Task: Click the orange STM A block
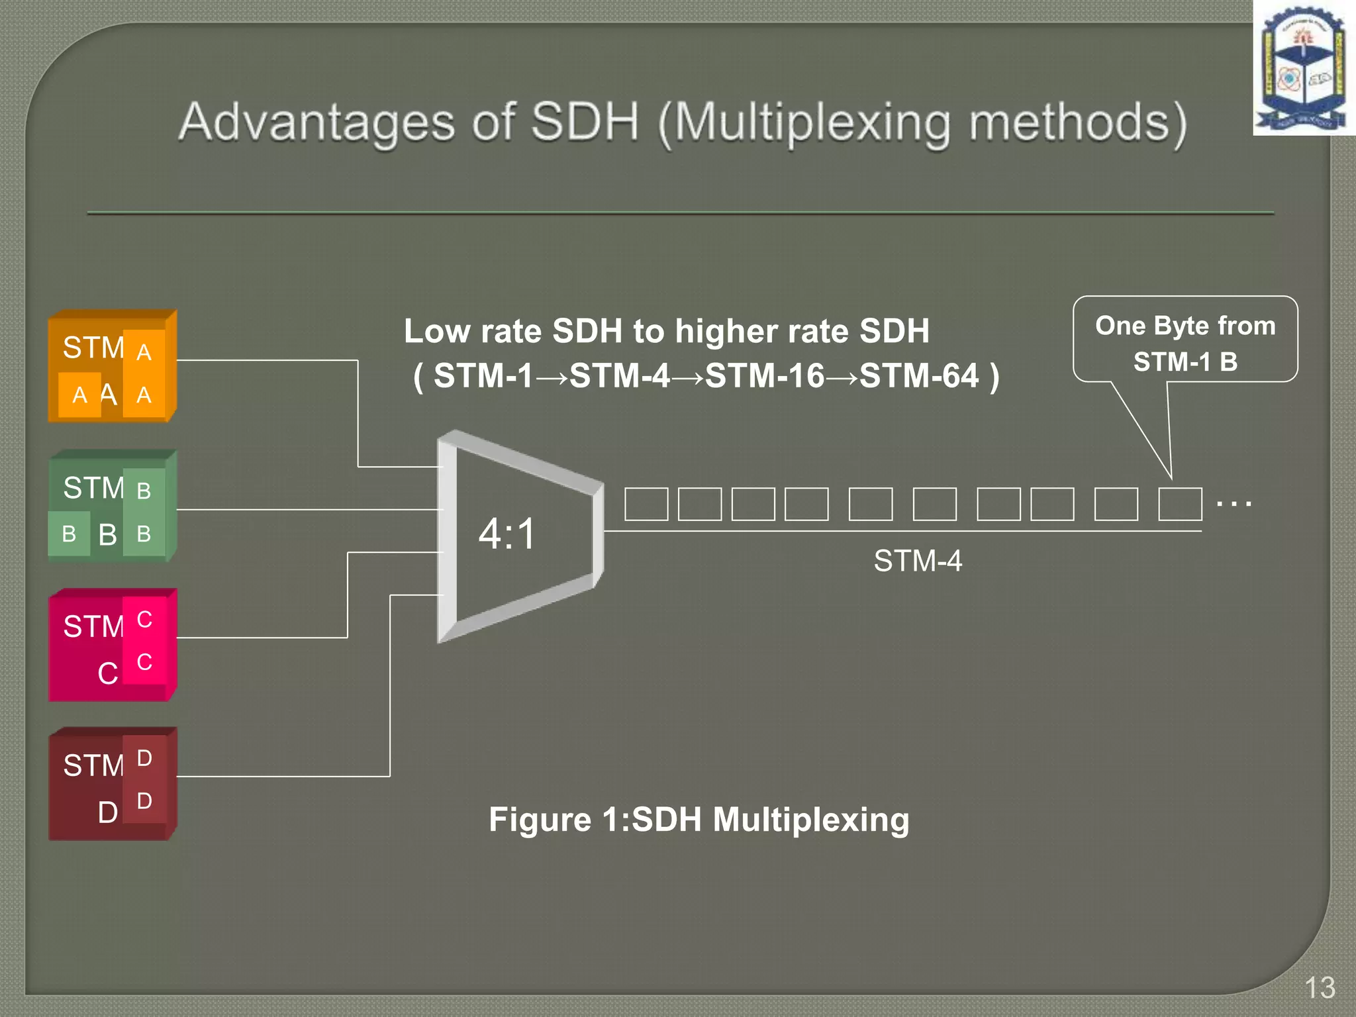tap(111, 366)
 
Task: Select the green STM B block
tap(111, 507)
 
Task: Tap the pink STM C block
tap(111, 645)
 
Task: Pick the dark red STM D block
tap(111, 784)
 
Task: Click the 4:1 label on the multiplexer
tap(507, 534)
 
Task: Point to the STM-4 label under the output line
tap(917, 561)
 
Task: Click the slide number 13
tap(1320, 988)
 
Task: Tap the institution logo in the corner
tap(1303, 68)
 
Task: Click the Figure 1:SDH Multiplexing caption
tap(699, 820)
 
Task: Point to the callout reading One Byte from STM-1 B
tap(1185, 342)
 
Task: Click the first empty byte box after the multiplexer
tap(646, 504)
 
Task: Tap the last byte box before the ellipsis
tap(1180, 504)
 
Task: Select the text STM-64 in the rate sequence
tap(919, 376)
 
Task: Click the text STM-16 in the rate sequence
tap(765, 376)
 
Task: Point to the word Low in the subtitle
tap(438, 331)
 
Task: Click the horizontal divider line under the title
tap(680, 213)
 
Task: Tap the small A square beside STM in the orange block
tap(144, 352)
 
